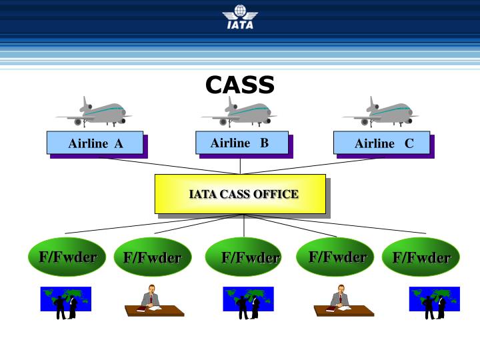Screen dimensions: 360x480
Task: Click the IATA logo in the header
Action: coord(240,17)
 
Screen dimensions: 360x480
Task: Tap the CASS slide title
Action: coord(240,85)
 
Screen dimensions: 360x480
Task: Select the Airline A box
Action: coord(95,143)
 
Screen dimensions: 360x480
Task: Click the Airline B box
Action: coord(241,143)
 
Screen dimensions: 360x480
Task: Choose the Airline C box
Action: coord(382,143)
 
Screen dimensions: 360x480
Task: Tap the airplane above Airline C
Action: coord(382,112)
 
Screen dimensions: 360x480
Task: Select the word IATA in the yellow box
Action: coord(199,195)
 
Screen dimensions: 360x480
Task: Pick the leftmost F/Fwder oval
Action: coord(67,257)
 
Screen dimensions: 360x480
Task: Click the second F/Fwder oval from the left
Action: coord(153,257)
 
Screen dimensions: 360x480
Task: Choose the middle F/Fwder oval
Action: coord(244,257)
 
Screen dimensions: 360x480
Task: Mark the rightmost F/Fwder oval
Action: coord(421,257)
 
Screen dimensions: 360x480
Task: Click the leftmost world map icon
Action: coord(66,301)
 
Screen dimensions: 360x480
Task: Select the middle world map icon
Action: coord(248,301)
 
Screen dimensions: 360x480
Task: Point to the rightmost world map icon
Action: coord(434,301)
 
